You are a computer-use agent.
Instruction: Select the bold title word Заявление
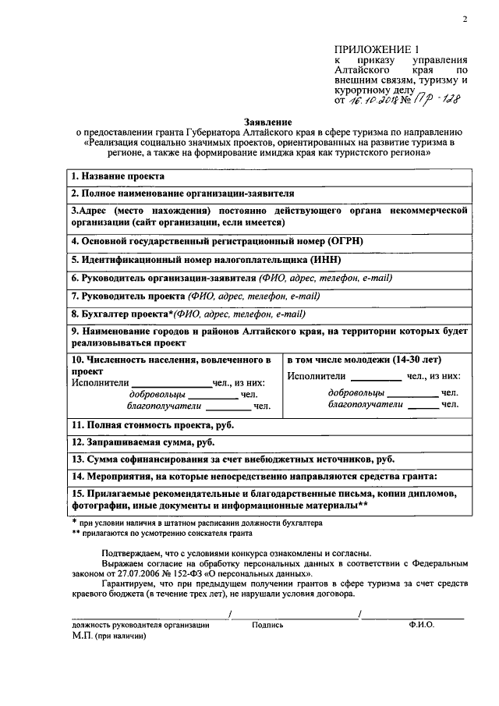(267, 122)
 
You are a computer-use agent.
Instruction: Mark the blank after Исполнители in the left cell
(171, 383)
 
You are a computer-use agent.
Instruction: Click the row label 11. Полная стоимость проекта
(152, 424)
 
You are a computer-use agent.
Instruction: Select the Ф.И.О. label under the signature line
(420, 625)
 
